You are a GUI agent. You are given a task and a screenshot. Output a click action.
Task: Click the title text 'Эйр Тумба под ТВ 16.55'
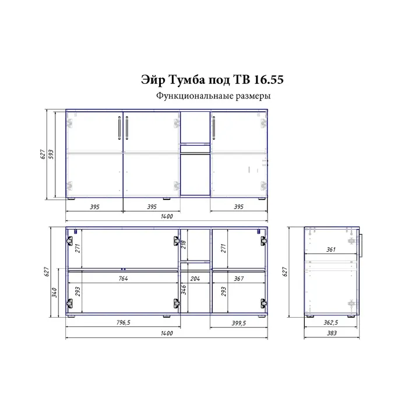(212, 80)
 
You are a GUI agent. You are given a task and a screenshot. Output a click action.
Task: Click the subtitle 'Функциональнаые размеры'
(213, 96)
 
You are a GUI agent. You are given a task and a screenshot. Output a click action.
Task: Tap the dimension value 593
(51, 154)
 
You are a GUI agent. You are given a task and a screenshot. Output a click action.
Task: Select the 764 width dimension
(123, 279)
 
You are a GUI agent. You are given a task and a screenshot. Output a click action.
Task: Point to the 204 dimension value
(195, 279)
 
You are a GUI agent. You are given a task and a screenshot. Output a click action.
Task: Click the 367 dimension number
(238, 279)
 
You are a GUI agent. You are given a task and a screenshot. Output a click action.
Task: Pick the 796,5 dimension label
(123, 322)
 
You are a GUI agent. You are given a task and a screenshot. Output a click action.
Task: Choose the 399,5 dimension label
(238, 323)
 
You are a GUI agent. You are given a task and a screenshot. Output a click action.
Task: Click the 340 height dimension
(54, 293)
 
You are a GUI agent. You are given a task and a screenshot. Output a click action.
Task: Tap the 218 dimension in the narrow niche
(184, 244)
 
